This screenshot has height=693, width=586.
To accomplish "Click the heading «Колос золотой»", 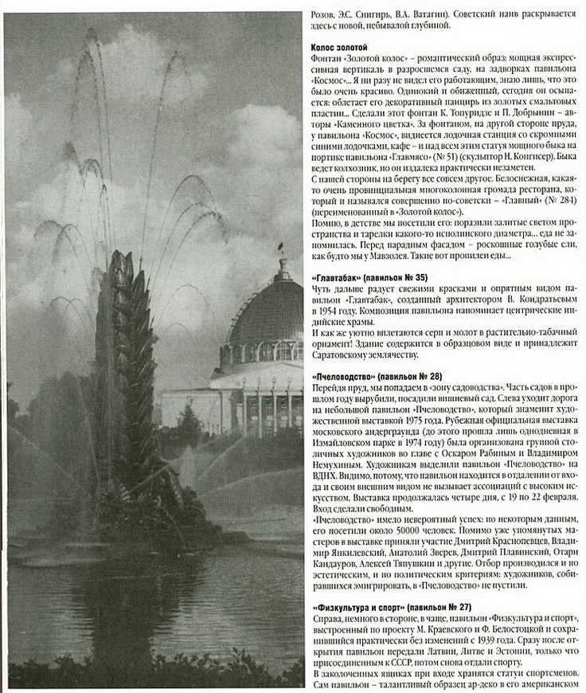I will [x=340, y=48].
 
